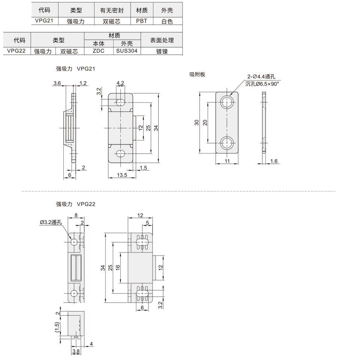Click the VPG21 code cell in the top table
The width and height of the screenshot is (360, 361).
pyautogui.click(x=44, y=21)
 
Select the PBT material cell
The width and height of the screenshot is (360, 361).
pyautogui.click(x=142, y=21)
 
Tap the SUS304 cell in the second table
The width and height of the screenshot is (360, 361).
pyautogui.click(x=127, y=51)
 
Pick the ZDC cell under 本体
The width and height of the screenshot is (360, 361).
pyautogui.click(x=99, y=51)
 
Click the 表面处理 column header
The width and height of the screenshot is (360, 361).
pyautogui.click(x=162, y=40)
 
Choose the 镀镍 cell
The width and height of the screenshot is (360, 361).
pyautogui.click(x=162, y=51)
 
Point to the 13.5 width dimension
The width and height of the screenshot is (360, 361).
pyautogui.click(x=122, y=175)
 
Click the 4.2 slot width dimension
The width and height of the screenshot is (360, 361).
pyautogui.click(x=120, y=83)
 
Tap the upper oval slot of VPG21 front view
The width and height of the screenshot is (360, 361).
pyautogui.click(x=120, y=102)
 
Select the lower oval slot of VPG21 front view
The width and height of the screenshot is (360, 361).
pyautogui.click(x=120, y=153)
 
